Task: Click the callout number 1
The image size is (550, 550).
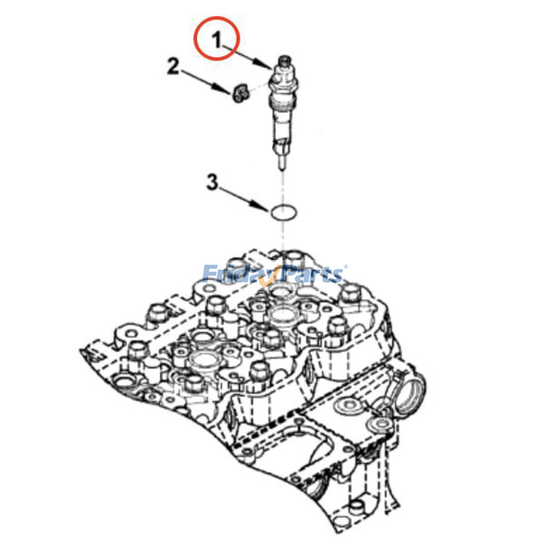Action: [217, 41]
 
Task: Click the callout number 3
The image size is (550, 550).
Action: [212, 183]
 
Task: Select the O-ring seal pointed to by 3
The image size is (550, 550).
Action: [283, 213]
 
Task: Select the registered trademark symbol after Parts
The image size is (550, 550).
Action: [346, 267]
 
